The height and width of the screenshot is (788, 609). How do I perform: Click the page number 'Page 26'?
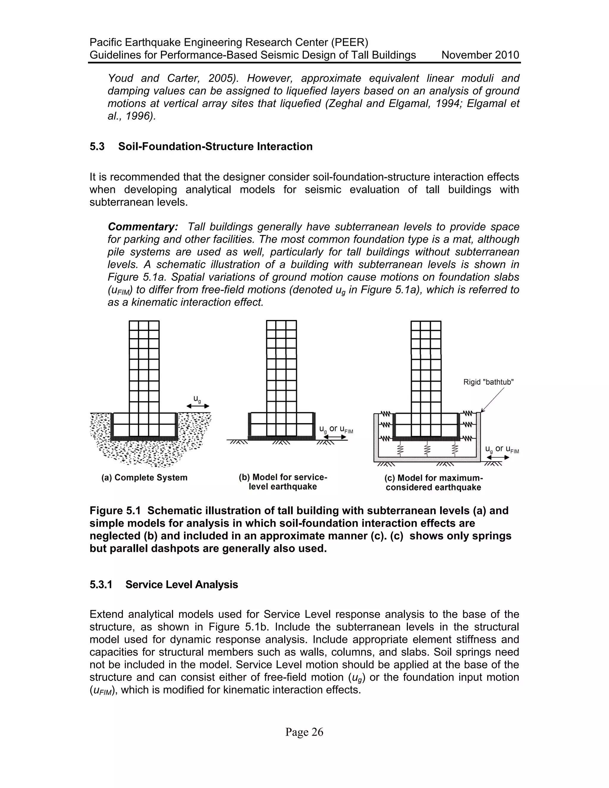(304, 732)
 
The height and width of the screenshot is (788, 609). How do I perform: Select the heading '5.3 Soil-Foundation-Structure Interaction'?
(201, 147)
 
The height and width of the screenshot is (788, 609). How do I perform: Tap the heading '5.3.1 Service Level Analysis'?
(164, 585)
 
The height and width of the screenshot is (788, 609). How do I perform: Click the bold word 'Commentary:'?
(143, 227)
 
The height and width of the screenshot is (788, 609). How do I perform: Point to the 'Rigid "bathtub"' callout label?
(489, 382)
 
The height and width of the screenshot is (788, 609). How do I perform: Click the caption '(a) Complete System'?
(144, 478)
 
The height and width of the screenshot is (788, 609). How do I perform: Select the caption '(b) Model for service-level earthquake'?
(283, 482)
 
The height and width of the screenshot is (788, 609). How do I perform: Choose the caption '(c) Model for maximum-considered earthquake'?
(433, 483)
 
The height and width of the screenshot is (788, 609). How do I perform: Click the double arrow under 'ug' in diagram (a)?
(197, 406)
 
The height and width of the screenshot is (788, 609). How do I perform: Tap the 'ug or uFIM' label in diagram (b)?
(336, 429)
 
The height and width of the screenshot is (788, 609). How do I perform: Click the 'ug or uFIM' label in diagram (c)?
(502, 449)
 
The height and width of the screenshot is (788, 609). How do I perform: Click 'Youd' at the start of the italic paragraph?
(120, 78)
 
